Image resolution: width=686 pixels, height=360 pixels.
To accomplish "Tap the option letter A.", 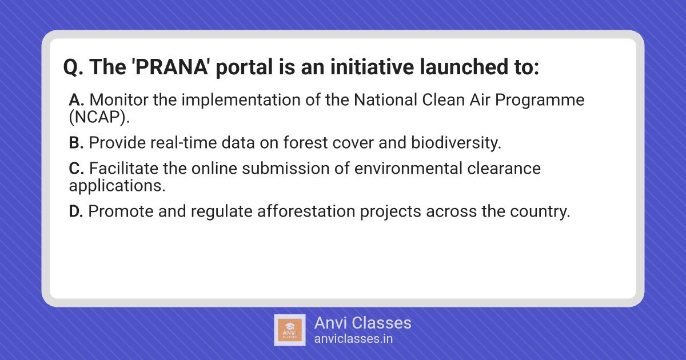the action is point(77,100).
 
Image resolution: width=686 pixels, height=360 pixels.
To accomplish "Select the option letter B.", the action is point(76,143).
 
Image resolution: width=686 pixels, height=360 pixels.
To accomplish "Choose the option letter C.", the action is point(77,169).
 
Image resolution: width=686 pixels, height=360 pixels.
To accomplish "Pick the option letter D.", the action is point(76,211).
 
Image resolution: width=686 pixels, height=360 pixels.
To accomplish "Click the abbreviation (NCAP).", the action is point(99,117).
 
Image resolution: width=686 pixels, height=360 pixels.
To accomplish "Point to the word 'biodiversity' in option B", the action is point(456,143).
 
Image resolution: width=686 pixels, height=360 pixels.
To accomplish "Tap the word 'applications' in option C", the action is point(117,186).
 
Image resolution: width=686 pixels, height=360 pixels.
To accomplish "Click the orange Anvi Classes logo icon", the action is point(290,330).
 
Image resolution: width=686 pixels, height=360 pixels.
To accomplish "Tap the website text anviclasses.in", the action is point(353,339).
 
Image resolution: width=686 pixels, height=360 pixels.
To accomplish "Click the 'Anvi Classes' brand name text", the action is point(363,323).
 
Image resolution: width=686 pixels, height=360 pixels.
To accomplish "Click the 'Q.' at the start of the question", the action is point(73,67).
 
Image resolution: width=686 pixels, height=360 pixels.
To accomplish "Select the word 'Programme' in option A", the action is point(540,101).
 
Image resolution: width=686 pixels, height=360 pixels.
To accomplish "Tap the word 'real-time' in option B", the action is point(184,143).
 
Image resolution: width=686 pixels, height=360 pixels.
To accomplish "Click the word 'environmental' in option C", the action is point(408,169).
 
